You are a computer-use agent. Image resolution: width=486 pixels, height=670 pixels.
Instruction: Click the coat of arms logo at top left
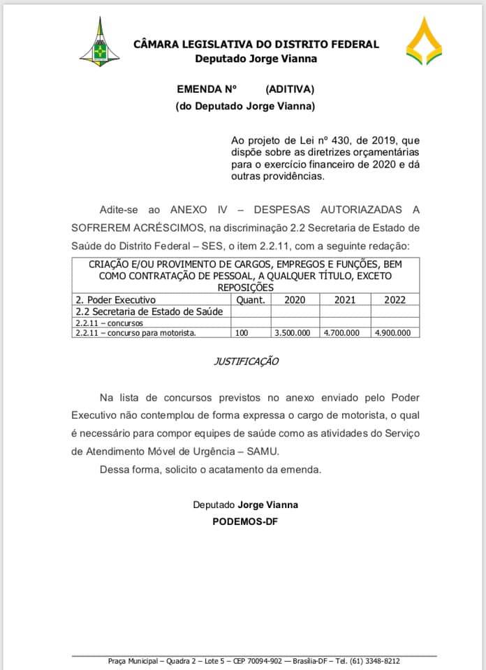coord(98,43)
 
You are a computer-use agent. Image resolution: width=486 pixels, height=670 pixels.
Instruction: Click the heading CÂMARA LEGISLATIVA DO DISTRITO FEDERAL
coord(256,45)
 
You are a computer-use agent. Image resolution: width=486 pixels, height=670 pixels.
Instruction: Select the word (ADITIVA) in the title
coord(290,89)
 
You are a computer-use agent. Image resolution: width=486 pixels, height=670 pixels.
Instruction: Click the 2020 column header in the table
coord(293,299)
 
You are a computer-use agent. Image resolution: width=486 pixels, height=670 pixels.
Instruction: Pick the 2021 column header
coord(344,299)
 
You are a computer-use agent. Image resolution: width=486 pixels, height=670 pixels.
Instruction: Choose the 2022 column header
coord(395,299)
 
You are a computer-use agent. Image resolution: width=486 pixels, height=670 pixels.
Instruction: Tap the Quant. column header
coord(251,299)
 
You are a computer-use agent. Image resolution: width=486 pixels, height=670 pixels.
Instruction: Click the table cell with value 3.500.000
coord(293,333)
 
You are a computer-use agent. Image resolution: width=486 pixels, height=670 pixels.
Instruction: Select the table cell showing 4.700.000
coord(342,333)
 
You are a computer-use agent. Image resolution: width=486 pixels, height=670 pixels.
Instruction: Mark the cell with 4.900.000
coord(393,333)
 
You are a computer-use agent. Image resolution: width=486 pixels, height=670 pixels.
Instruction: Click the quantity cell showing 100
coord(242,333)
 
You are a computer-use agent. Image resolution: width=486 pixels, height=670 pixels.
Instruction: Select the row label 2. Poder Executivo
coord(115,299)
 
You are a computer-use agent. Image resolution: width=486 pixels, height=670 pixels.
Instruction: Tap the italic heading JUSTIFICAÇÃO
coord(245,362)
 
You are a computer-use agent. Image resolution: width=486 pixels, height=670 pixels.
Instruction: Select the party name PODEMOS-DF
coord(245,521)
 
